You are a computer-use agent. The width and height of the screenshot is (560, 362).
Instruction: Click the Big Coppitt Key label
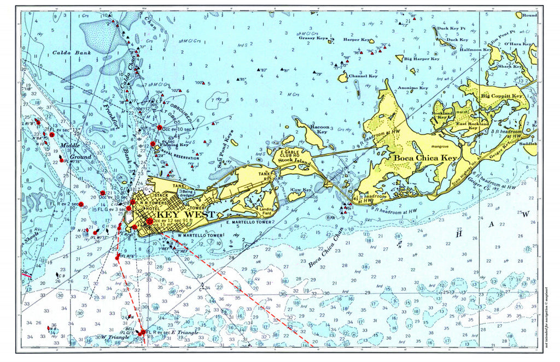coord(501,96)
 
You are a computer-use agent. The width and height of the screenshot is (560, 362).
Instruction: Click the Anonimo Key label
coord(413,87)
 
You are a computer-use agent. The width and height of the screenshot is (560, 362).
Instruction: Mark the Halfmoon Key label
coord(475,50)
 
